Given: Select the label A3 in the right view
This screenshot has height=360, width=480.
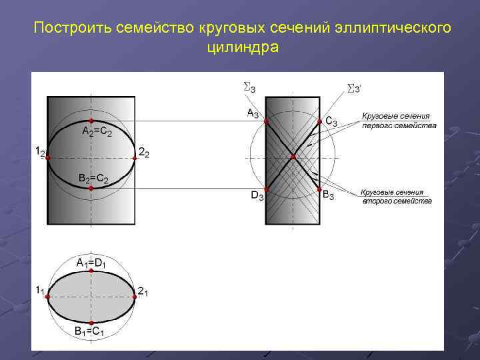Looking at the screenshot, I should (x=253, y=113).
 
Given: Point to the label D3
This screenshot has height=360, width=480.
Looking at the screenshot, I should (x=257, y=195).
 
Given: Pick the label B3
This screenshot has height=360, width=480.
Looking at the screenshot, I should (x=329, y=195).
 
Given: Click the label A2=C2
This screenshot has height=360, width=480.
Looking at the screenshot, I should (x=96, y=132).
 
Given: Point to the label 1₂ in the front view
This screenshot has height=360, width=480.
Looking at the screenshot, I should (x=40, y=153).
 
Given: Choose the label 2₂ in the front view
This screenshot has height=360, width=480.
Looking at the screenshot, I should (x=143, y=153).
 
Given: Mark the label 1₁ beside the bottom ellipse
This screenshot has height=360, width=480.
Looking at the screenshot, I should (x=40, y=290).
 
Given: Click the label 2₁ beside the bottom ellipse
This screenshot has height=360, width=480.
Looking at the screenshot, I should (x=143, y=291).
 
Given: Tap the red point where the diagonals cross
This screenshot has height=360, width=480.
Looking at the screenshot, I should (x=293, y=157).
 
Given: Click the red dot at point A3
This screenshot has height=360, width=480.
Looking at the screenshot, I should (x=265, y=122).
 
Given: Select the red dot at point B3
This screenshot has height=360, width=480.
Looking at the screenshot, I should (x=319, y=189).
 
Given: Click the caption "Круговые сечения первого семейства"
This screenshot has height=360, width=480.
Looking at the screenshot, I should (x=399, y=121).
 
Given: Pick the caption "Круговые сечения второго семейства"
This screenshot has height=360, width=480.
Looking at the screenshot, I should (x=397, y=196).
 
